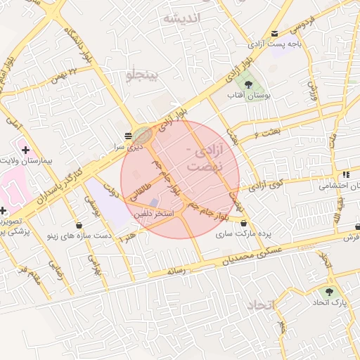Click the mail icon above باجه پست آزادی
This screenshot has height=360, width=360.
pyautogui.click(x=274, y=33)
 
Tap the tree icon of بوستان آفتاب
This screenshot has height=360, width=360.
pyautogui.click(x=248, y=84)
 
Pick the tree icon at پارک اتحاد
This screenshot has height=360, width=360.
pyautogui.click(x=329, y=291)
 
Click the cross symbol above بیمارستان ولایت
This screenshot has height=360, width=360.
pyautogui.click(x=26, y=150)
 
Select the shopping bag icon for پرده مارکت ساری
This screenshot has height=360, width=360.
pyautogui.click(x=243, y=223)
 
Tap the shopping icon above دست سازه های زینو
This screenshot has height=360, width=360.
pyautogui.click(x=79, y=226)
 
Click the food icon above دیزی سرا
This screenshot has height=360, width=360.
pyautogui.click(x=128, y=135)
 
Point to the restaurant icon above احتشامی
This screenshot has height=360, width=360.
pyautogui.click(x=346, y=174)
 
